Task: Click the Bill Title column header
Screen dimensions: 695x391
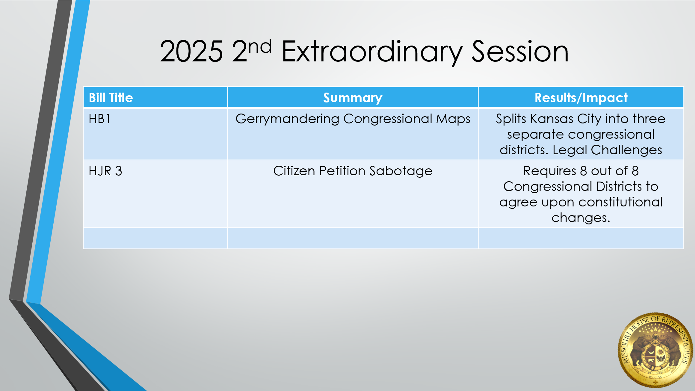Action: tap(111, 98)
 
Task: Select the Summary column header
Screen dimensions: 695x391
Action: tap(353, 98)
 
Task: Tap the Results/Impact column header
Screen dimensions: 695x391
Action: tap(581, 98)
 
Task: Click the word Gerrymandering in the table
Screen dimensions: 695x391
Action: tap(287, 119)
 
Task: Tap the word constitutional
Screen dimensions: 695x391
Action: tap(621, 202)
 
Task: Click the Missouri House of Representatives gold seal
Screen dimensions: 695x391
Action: tap(656, 350)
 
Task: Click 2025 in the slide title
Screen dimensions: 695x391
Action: tap(191, 51)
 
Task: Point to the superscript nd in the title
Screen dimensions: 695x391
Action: tap(260, 46)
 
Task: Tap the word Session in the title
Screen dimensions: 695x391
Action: tap(520, 52)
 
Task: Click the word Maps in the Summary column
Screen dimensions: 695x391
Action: tap(453, 119)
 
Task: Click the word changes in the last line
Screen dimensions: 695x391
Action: tap(581, 218)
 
